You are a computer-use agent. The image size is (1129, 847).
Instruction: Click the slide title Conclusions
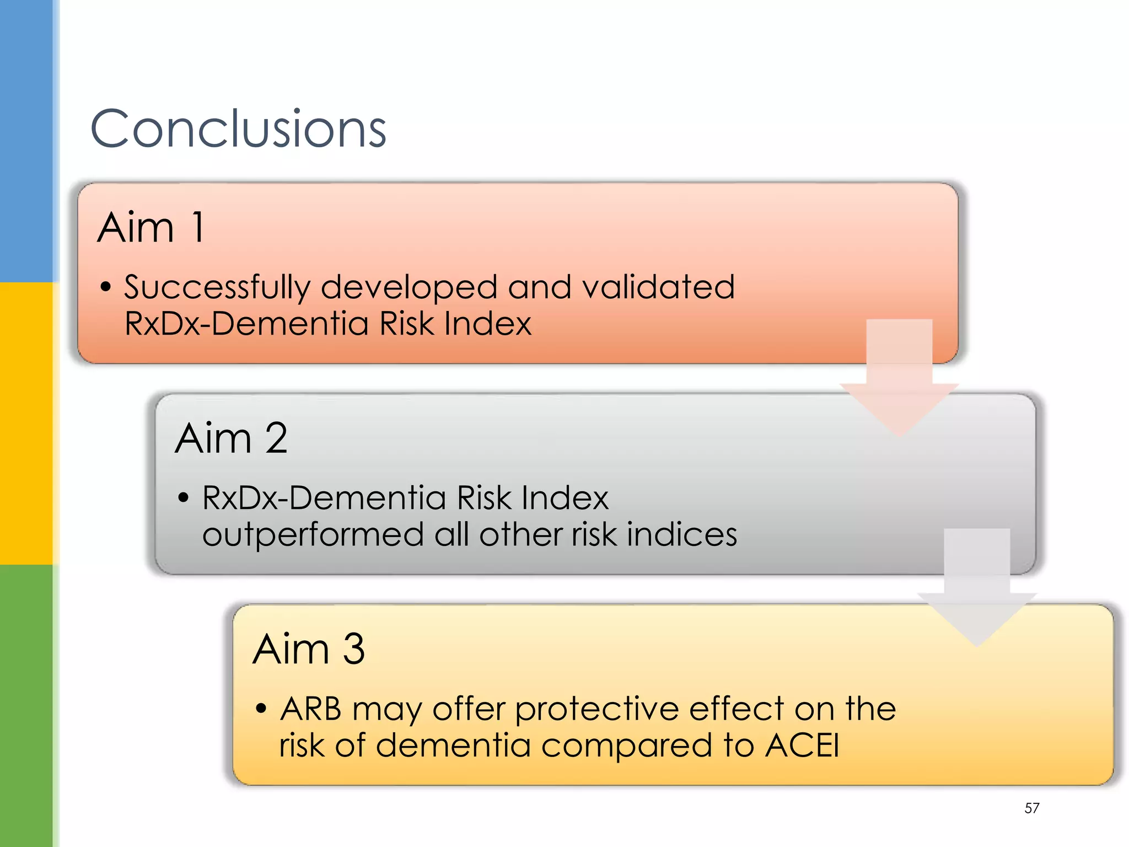pos(238,129)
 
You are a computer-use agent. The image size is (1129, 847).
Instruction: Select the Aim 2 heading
pos(231,438)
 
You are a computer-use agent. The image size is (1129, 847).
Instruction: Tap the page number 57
pos(1031,808)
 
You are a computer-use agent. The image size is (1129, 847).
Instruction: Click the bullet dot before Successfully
pos(106,287)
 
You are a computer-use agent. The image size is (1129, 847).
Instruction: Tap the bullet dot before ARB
pos(261,709)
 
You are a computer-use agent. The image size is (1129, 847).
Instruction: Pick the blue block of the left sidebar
pos(26,141)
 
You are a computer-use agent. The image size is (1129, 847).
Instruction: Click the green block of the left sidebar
pos(26,706)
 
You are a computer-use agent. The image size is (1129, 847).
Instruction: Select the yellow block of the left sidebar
pos(26,423)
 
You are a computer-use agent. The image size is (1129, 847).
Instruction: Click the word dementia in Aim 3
pos(453,746)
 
